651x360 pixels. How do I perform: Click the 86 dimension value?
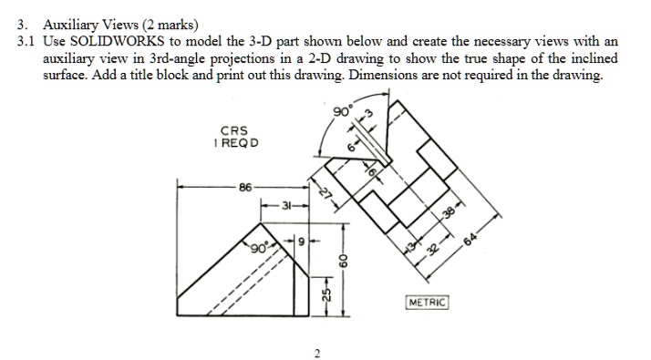[243, 187]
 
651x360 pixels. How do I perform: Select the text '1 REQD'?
[235, 144]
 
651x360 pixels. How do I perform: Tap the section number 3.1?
[27, 42]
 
